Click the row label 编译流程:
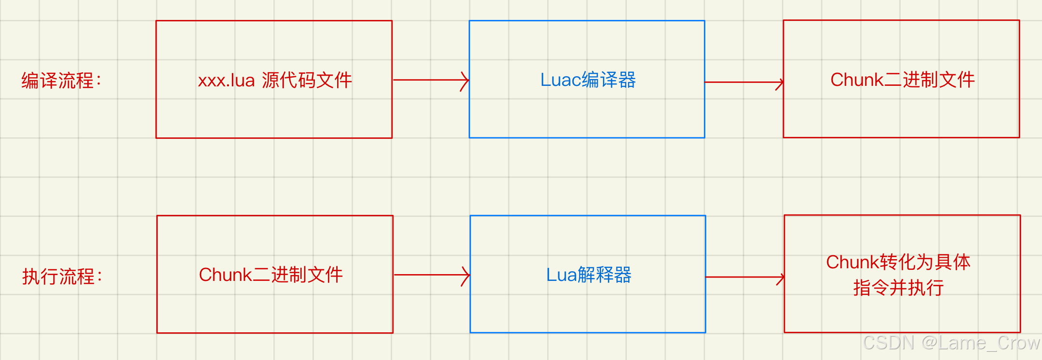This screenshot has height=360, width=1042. pos(61,81)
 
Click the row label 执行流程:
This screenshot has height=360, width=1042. pos(62,276)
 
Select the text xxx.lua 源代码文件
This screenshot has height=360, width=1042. pos(275,80)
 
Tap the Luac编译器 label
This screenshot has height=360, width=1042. pos(587,80)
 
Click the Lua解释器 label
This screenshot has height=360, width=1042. pos(588,275)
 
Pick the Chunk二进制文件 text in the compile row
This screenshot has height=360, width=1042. pos(902,80)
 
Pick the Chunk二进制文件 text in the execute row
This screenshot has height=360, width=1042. pos(271,275)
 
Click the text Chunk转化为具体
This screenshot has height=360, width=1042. pos(898,262)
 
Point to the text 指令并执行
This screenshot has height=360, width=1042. pos(898,288)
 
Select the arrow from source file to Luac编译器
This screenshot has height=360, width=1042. pos(430,80)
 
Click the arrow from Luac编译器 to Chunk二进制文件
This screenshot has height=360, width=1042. pos(743,82)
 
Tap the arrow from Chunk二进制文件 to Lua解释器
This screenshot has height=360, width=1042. pos(431,275)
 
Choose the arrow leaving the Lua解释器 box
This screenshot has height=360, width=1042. pos(744,278)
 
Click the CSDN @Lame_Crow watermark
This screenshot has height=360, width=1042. pos(951,343)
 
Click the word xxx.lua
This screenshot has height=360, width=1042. pos(226,80)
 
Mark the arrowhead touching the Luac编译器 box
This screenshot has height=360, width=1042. pos(465,81)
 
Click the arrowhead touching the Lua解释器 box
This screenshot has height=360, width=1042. pos(466,276)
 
